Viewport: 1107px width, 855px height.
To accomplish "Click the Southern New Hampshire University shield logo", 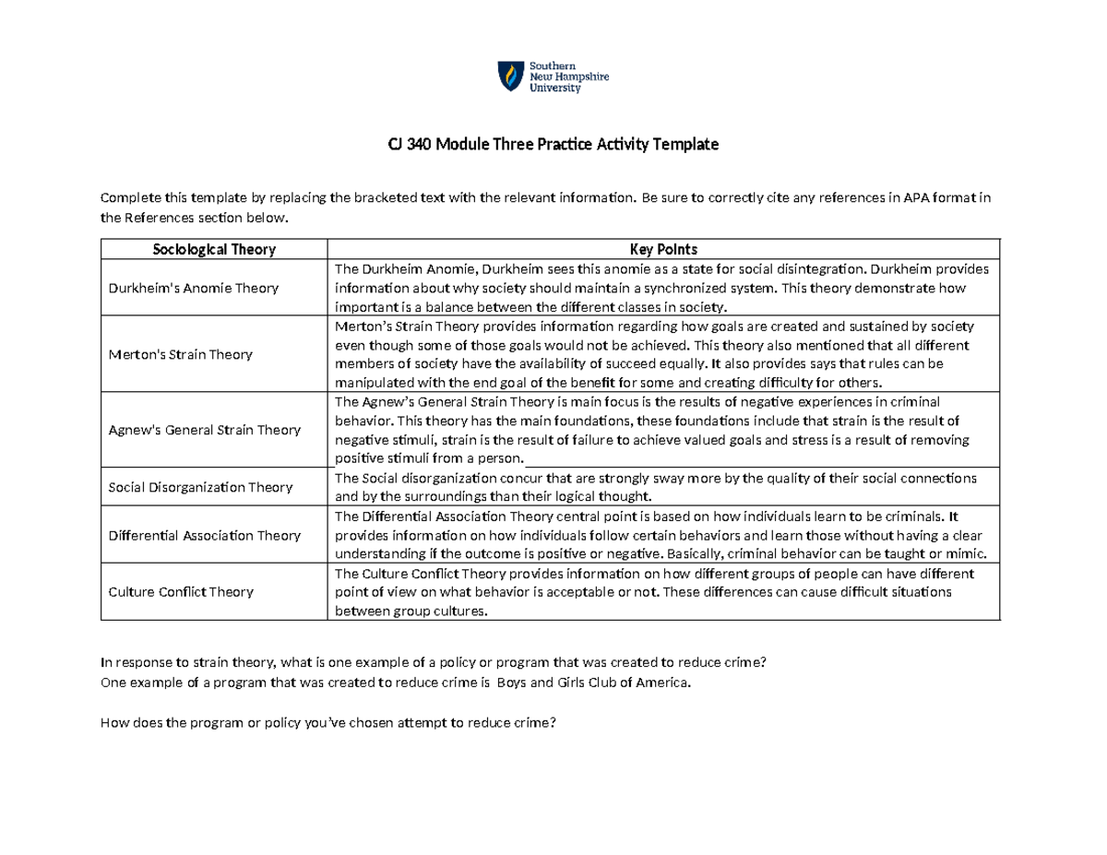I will pos(508,76).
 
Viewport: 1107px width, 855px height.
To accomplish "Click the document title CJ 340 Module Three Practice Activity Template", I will pos(553,145).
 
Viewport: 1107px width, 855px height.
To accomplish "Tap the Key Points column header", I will pos(662,249).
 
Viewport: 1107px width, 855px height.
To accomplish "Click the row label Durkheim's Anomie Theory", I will pos(193,288).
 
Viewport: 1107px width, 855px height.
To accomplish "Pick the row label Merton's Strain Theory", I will pos(181,354).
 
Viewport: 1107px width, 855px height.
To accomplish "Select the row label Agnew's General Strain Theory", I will pos(204,430).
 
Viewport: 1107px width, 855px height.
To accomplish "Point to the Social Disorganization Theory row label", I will pos(200,487).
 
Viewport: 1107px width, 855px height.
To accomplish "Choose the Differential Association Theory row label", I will pos(204,535).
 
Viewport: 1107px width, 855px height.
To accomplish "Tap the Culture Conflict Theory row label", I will pos(181,591).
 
